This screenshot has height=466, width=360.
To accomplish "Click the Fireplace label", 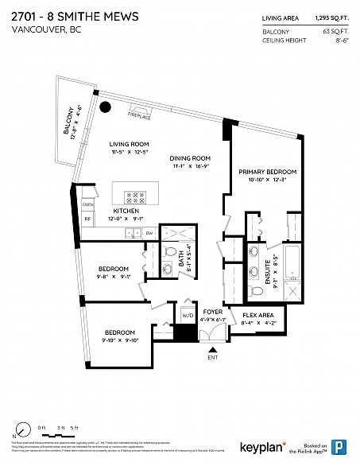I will (x=139, y=117).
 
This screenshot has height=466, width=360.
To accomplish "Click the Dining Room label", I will (x=189, y=158).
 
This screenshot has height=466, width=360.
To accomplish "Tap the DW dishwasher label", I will (x=149, y=232).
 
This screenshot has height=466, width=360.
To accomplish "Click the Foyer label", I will (x=211, y=313).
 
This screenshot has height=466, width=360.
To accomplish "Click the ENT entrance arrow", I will (x=211, y=348).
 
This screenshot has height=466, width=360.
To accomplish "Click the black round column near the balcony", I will (x=104, y=108).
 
